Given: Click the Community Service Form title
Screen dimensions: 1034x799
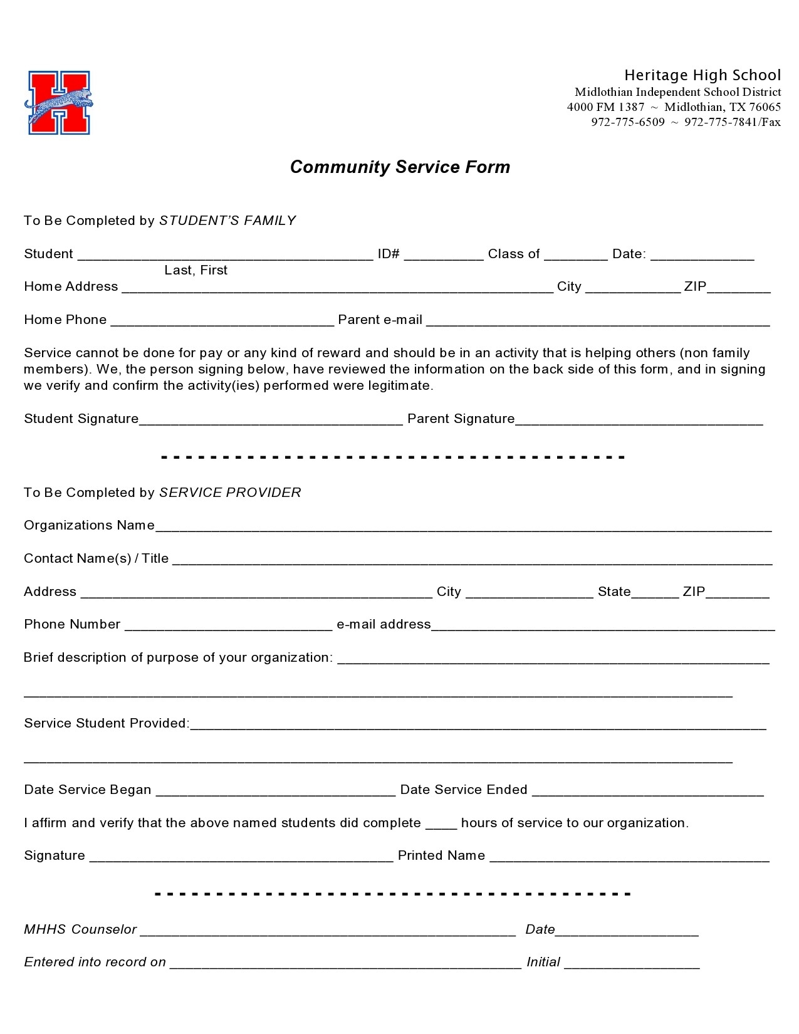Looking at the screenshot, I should pyautogui.click(x=400, y=167).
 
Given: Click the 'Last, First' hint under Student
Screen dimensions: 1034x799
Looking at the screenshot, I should pyautogui.click(x=196, y=270).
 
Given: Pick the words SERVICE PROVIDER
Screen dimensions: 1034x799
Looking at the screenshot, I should pyautogui.click(x=230, y=493).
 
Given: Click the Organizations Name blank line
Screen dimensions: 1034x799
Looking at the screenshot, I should pyautogui.click(x=463, y=527).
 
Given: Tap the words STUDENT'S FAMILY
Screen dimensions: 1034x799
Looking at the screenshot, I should pyautogui.click(x=227, y=221).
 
